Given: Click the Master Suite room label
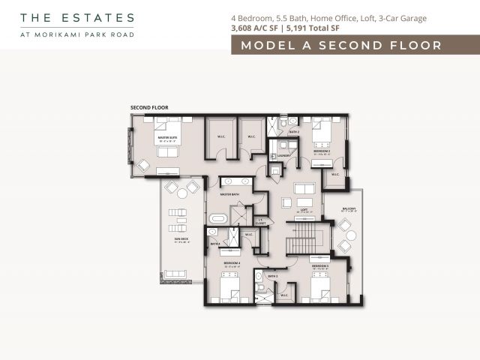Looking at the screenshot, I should point(167,139).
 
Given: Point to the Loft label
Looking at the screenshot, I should point(304,211).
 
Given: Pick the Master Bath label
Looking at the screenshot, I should point(229,195).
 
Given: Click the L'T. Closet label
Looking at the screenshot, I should point(260,222).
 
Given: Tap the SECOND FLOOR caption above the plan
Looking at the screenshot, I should point(149,108).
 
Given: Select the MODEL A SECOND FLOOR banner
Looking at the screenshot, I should point(341,46).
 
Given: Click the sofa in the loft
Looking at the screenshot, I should point(304,187).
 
